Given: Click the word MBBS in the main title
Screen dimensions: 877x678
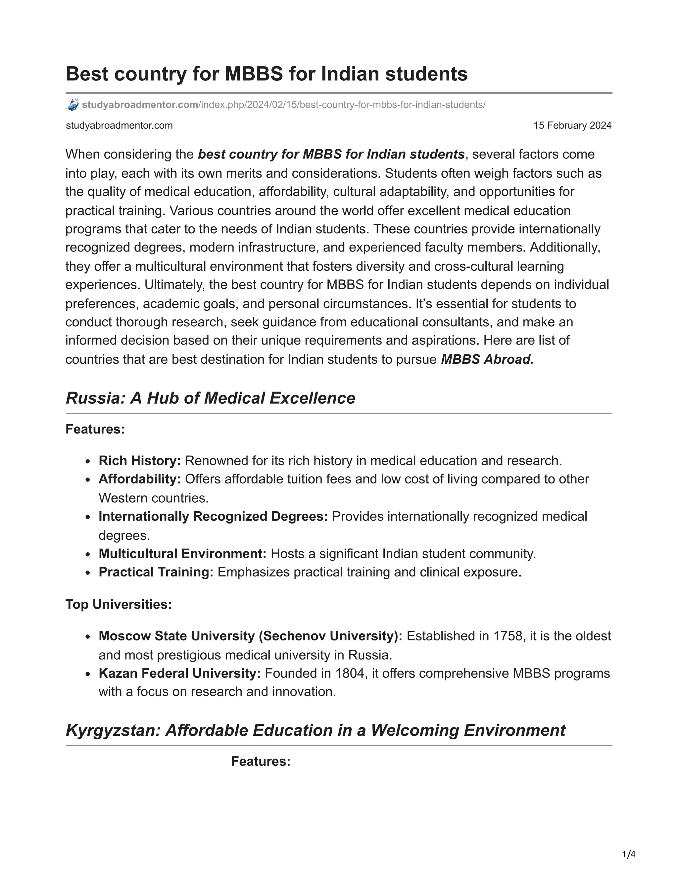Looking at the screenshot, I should (x=254, y=74).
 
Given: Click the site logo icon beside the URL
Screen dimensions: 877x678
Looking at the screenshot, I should (x=72, y=105).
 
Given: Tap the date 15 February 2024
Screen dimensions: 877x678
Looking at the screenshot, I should (x=572, y=126).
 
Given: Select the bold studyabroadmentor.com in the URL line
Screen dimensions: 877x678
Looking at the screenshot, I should (x=140, y=105).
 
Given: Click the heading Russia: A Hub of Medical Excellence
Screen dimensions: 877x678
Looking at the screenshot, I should (x=210, y=398).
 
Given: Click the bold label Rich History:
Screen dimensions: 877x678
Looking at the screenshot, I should (x=139, y=461).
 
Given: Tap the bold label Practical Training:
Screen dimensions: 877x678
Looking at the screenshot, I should (x=156, y=572).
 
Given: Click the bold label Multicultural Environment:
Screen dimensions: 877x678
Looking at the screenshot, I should (x=182, y=554).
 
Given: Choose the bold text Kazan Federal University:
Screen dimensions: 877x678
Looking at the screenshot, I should (x=179, y=673).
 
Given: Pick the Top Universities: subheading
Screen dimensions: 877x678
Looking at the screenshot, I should (x=119, y=604).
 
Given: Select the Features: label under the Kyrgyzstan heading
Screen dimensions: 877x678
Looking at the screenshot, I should (x=261, y=762).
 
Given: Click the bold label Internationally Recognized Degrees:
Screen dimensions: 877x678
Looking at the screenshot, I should (x=213, y=516).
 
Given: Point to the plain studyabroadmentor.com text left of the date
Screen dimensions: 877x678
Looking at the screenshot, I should (x=119, y=126).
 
